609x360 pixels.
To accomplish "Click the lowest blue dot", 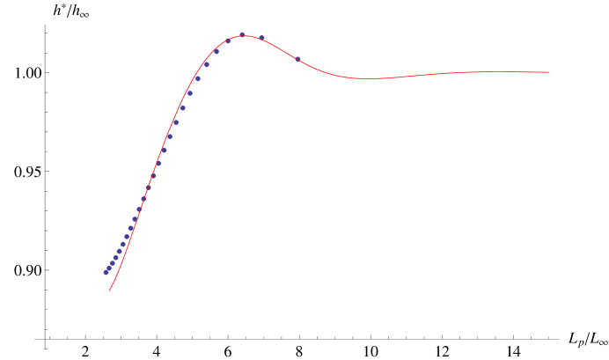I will click(x=106, y=273).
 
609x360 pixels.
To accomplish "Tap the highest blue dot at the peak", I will click(x=242, y=34).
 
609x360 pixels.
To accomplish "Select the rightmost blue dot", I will click(x=297, y=59).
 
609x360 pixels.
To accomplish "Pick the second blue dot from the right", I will click(x=261, y=38).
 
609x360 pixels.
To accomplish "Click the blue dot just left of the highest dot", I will click(x=228, y=40).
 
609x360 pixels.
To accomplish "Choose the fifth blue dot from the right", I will click(x=216, y=51).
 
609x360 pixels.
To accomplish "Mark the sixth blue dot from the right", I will click(x=207, y=63).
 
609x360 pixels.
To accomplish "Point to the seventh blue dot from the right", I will click(x=197, y=78).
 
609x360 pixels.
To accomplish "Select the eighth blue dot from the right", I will click(x=189, y=93).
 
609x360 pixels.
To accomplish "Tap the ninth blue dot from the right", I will click(x=182, y=107).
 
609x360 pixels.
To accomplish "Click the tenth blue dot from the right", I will click(x=175, y=122).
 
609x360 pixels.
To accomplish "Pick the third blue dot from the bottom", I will click(x=112, y=262).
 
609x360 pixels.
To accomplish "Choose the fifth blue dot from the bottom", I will click(x=119, y=251).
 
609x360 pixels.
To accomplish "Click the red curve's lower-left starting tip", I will click(x=109, y=290).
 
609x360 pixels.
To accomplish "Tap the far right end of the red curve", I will click(x=550, y=72).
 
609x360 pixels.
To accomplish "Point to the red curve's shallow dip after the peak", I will click(x=365, y=78).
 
